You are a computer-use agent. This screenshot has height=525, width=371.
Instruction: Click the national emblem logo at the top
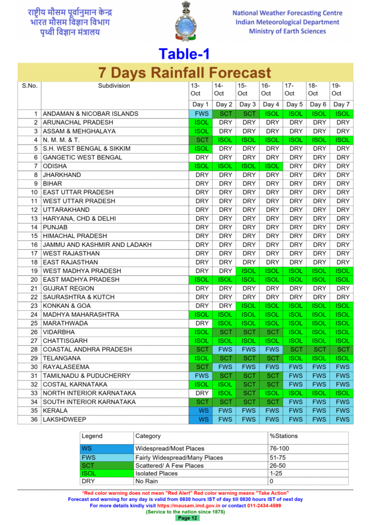click(186, 22)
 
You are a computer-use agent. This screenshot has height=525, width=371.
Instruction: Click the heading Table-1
click(184, 53)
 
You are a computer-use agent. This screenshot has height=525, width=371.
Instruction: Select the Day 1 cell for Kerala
click(202, 411)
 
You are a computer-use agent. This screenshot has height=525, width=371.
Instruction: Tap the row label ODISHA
click(55, 166)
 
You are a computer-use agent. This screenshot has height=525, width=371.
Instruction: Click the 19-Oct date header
click(337, 90)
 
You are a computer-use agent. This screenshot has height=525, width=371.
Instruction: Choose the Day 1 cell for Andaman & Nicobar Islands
click(202, 114)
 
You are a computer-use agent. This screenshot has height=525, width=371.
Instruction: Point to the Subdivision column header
click(114, 86)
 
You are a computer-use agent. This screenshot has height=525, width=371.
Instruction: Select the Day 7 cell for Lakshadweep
click(343, 419)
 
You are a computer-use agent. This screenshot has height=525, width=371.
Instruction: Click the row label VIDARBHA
click(58, 332)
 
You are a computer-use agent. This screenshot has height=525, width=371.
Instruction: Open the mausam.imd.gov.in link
click(189, 506)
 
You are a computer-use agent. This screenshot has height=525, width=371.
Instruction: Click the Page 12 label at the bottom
click(187, 518)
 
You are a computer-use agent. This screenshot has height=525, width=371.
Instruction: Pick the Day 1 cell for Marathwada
click(202, 324)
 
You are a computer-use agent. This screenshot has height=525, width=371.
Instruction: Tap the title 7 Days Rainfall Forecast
click(185, 72)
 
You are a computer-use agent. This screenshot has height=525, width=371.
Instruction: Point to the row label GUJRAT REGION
click(68, 288)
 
